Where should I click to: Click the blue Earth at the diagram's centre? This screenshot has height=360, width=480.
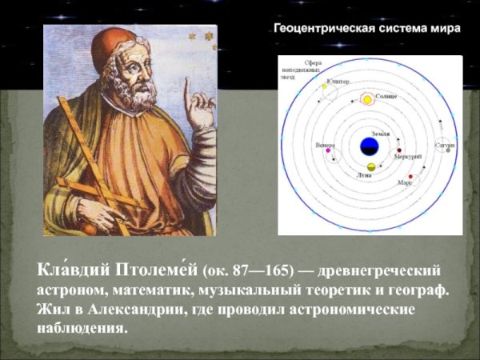[369, 146]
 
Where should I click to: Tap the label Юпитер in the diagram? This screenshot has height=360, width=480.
[336, 81]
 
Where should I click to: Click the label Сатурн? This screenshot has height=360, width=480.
[445, 146]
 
